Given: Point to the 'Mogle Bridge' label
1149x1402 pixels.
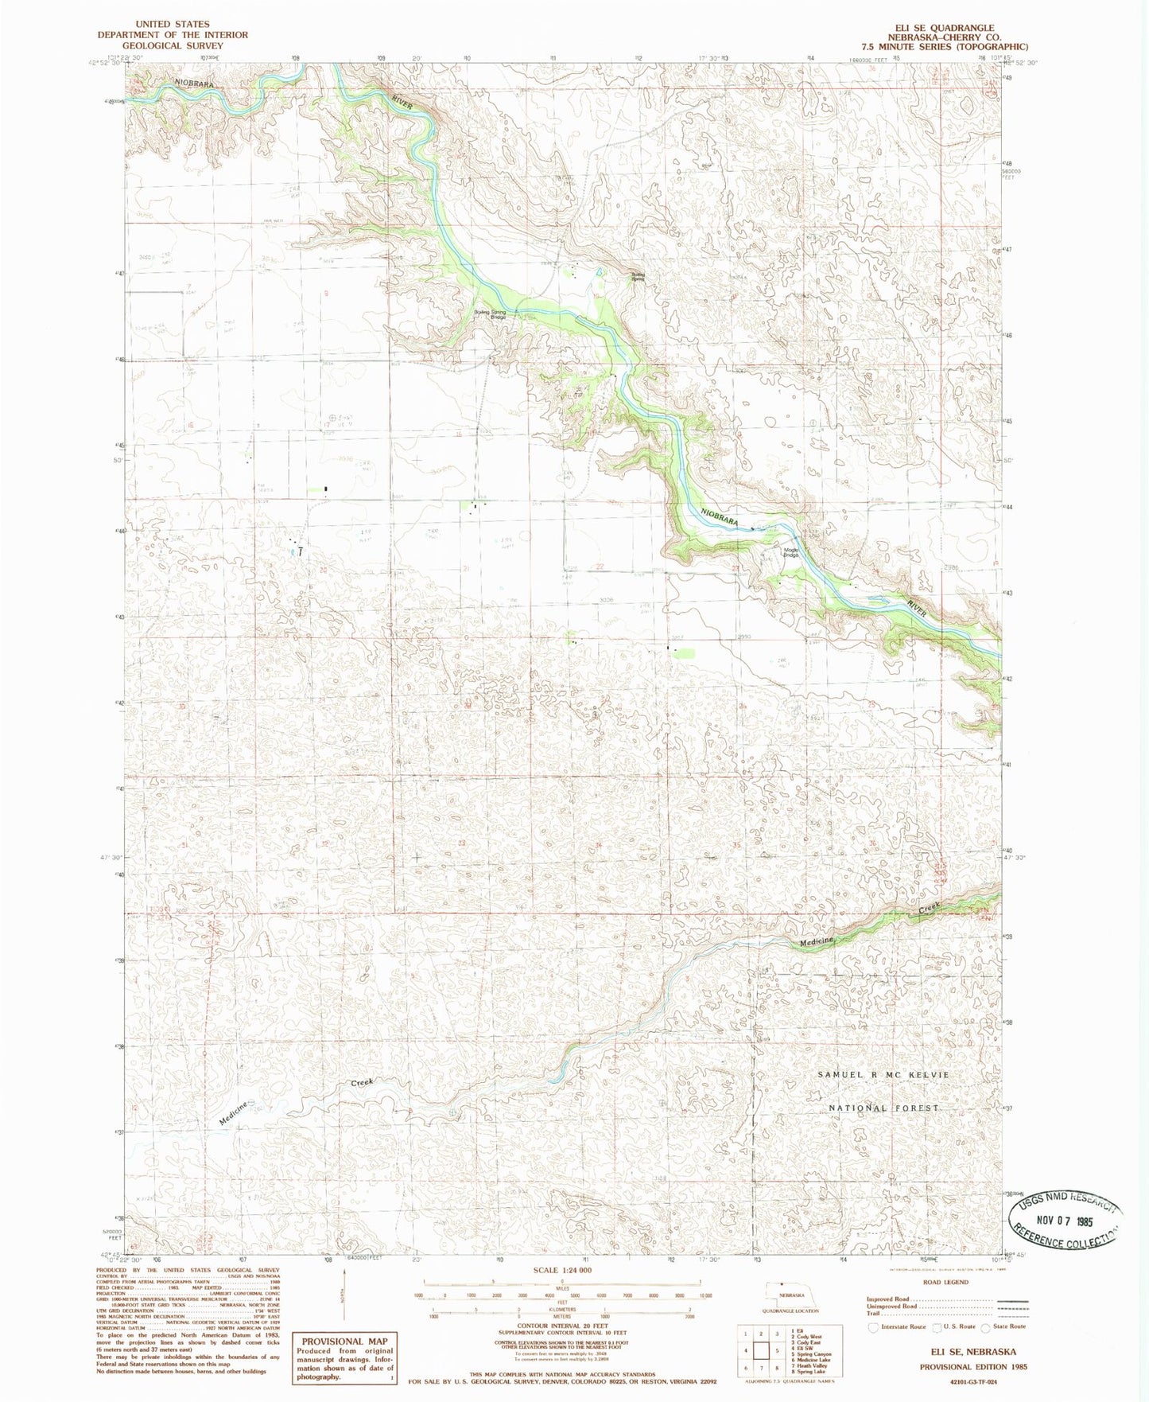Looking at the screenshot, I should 790,551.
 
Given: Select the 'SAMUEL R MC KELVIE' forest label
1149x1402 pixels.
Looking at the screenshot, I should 883,1074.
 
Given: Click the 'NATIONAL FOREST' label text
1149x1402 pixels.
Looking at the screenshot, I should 883,1108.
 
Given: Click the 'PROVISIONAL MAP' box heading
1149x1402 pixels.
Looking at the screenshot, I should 344,1341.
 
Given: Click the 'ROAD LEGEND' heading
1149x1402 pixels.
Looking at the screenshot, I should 945,1282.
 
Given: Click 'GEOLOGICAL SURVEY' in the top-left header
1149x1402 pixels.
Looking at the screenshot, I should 173,45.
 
